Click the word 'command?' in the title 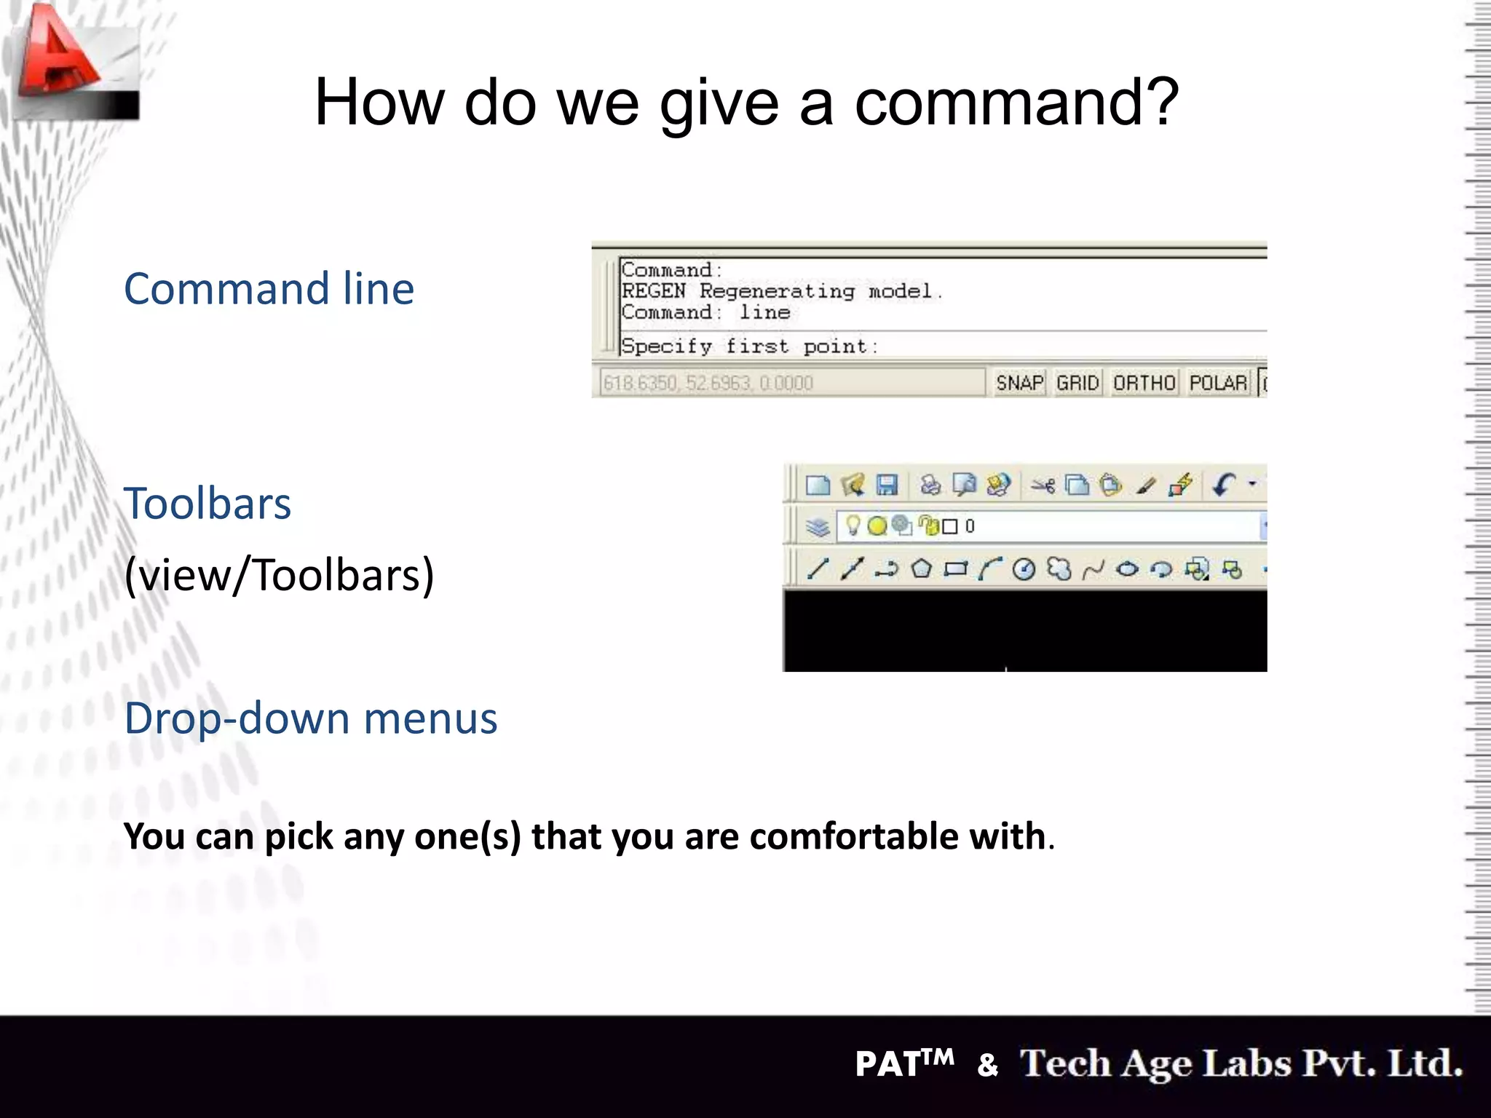click(1016, 103)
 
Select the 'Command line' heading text click(269, 289)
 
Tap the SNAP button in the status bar click(1019, 383)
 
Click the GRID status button click(1077, 383)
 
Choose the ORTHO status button click(1144, 383)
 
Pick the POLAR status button click(1218, 383)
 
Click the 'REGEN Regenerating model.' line click(782, 291)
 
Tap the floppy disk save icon click(887, 485)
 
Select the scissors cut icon click(1043, 485)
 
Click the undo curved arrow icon click(1225, 484)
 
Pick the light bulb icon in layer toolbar click(853, 525)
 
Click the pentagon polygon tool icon click(922, 568)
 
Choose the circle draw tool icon click(1024, 569)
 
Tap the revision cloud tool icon click(1059, 568)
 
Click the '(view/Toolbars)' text click(279, 575)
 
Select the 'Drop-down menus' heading click(311, 718)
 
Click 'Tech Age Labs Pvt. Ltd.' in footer click(1241, 1063)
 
